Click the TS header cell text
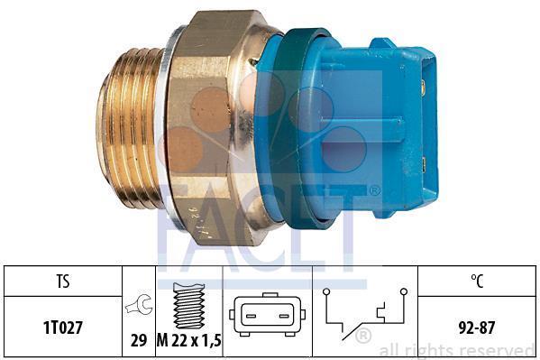63,281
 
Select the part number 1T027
63,328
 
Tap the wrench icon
139,305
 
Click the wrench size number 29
139,340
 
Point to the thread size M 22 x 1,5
189,340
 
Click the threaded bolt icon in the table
189,306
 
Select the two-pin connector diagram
267,315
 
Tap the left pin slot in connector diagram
251,316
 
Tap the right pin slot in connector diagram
284,316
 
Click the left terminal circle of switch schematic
326,291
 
